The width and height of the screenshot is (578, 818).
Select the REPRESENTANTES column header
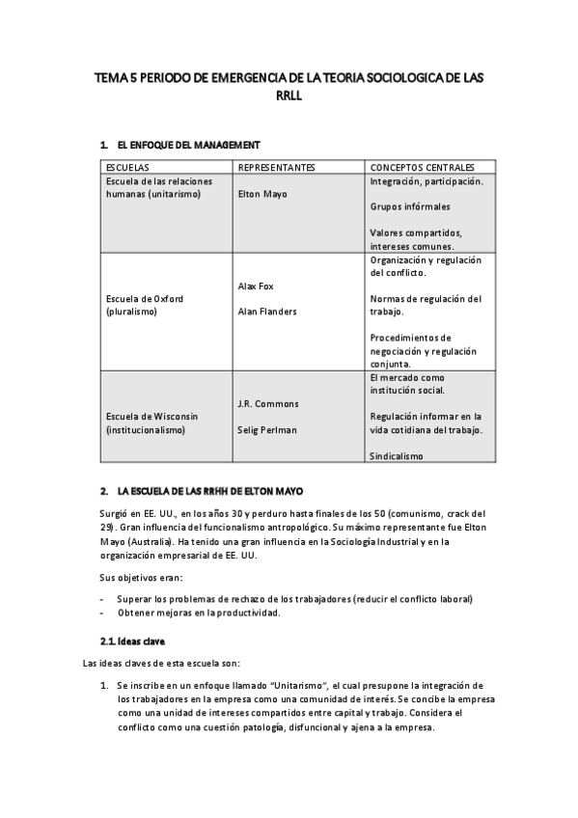pyautogui.click(x=276, y=167)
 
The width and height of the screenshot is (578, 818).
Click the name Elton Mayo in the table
pyautogui.click(x=262, y=194)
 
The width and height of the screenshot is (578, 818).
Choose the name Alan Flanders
pyautogui.click(x=267, y=312)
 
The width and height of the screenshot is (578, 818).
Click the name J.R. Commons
pyautogui.click(x=268, y=403)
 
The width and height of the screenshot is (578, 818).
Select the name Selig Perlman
pyautogui.click(x=267, y=429)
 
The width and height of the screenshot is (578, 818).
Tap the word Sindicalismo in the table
pyautogui.click(x=397, y=455)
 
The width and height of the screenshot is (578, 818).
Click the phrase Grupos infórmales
pyautogui.click(x=410, y=206)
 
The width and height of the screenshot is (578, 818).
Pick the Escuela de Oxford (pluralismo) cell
pyautogui.click(x=145, y=305)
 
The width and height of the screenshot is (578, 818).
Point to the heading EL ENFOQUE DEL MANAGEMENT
pyautogui.click(x=188, y=145)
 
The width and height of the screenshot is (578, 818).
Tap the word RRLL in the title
pyautogui.click(x=289, y=96)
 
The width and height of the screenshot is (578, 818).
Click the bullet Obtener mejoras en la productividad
pyautogui.click(x=199, y=613)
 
